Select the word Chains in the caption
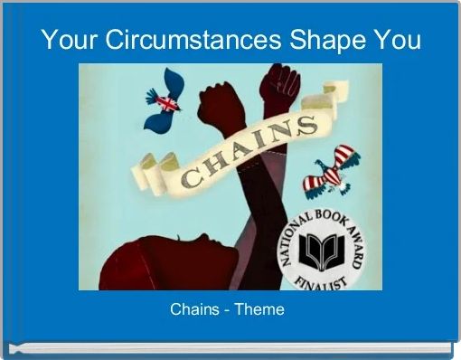click(194, 309)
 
